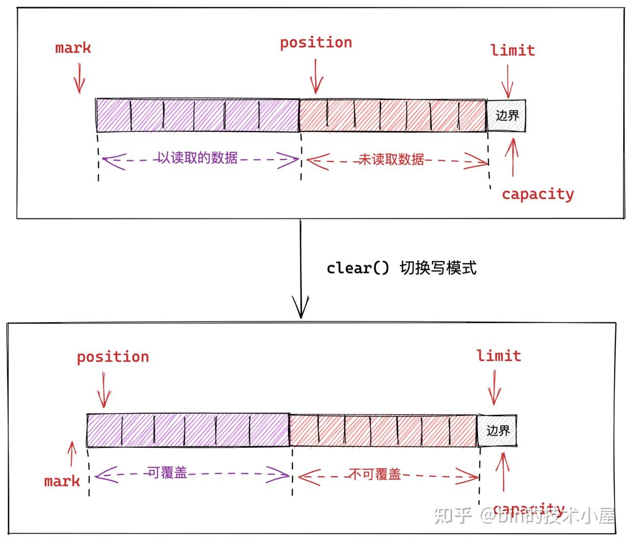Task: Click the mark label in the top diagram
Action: point(73,48)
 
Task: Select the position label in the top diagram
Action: point(316,42)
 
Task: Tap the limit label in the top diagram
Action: point(512,50)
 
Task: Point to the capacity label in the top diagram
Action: point(538,194)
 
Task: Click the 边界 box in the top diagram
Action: point(506,116)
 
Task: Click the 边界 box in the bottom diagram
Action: point(497,430)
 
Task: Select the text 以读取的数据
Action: point(197,158)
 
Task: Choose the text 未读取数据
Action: point(391,160)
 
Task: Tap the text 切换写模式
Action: point(438,268)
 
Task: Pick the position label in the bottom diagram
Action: point(113,357)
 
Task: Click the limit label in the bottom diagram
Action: point(498,356)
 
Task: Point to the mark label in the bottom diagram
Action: point(62,481)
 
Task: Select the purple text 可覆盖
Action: point(167,473)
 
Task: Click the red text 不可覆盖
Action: point(375,475)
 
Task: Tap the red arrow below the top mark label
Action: point(79,78)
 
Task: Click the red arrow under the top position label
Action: point(316,76)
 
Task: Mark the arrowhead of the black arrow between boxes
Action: point(301,309)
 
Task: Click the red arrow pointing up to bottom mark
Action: point(72,453)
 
